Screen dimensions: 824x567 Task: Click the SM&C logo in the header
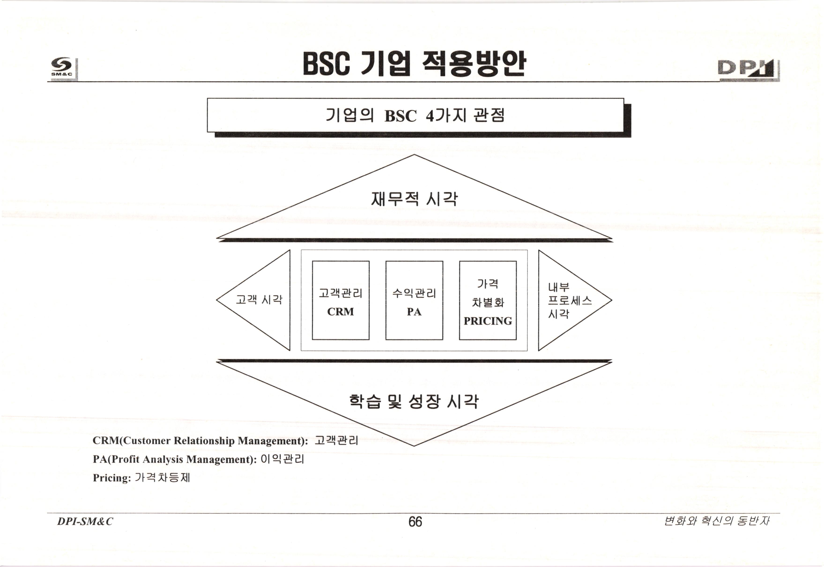[x=63, y=67]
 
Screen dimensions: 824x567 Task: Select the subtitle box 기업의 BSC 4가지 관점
[x=415, y=115]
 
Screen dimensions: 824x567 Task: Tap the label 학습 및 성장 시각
[x=414, y=401]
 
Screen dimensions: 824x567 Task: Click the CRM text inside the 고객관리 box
[x=340, y=312]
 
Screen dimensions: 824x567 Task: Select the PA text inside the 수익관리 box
[x=414, y=312]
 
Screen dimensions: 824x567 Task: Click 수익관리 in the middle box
[x=414, y=293]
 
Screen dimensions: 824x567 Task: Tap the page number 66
[x=415, y=522]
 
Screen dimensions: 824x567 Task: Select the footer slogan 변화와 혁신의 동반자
[x=716, y=521]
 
